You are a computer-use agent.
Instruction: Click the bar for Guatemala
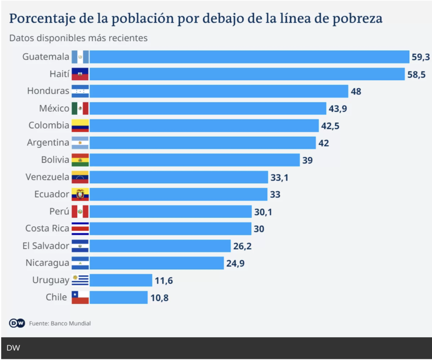[x=249, y=57]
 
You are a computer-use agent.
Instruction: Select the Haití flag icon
[x=80, y=74]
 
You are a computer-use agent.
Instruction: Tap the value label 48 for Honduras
[x=356, y=92]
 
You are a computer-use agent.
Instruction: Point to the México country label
[x=54, y=108]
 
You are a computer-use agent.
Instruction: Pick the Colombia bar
[x=204, y=126]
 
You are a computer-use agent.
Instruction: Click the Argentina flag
[x=80, y=143]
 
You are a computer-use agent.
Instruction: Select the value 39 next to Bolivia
[x=308, y=160]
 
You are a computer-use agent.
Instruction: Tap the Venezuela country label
[x=47, y=177]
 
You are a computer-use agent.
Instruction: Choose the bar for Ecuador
[x=178, y=195]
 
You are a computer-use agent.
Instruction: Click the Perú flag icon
[x=80, y=212]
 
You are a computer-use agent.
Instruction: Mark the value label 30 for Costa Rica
[x=259, y=229]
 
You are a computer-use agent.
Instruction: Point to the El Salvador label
[x=46, y=246]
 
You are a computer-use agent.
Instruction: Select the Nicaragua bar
[x=157, y=263]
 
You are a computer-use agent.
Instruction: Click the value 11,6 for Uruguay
[x=164, y=281]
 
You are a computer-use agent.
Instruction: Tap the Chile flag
[x=80, y=298]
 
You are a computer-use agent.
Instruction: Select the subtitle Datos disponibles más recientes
[x=78, y=38]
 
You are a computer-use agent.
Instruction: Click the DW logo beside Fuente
[x=17, y=323]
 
